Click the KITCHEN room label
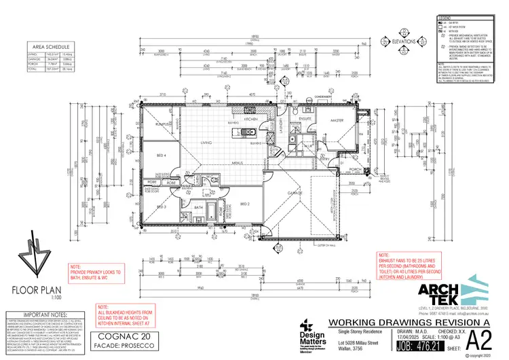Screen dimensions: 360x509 click(x=249, y=119)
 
